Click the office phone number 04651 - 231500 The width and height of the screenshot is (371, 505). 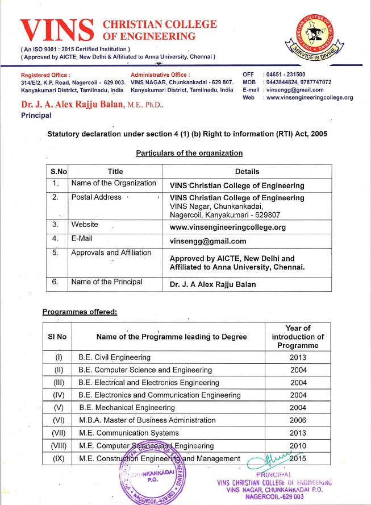[286, 74]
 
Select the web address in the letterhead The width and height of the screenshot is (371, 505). [309, 97]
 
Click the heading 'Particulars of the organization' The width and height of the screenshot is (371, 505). [189, 153]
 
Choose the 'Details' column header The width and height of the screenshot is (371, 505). [247, 171]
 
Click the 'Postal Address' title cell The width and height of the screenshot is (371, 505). [96, 197]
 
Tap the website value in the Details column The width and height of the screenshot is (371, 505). [227, 227]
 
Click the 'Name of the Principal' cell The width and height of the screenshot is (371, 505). [106, 282]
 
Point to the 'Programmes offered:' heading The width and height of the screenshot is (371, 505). [80, 312]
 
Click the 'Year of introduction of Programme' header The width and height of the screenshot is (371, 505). [298, 337]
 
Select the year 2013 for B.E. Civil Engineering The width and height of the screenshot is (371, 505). [298, 358]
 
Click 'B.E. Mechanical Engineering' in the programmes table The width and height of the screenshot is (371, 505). [127, 408]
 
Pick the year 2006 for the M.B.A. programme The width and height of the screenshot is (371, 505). [298, 420]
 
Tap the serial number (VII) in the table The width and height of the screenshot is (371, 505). [58, 433]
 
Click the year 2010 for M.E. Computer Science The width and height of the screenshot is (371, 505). [298, 446]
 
